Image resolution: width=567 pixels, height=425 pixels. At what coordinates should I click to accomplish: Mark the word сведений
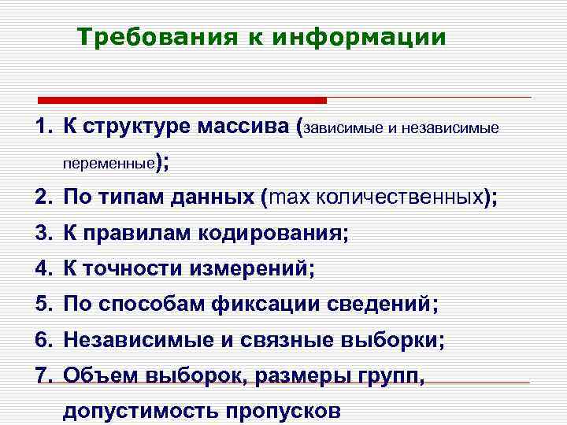(x=364, y=305)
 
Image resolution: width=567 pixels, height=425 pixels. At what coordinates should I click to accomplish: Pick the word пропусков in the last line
(x=283, y=411)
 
